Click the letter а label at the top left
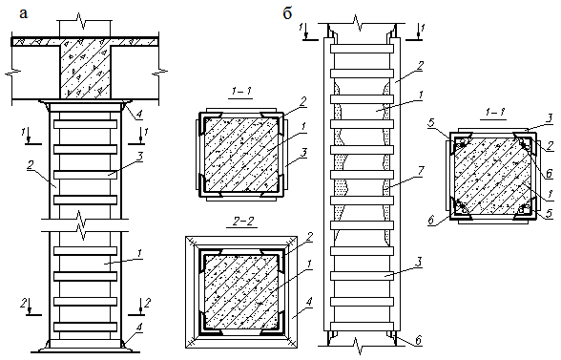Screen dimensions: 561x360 23,14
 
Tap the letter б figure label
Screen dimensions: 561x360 287,13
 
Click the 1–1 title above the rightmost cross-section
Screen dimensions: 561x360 495,113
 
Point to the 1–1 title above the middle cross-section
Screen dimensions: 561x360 241,92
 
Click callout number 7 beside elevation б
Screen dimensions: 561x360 420,171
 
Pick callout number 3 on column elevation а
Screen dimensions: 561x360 139,157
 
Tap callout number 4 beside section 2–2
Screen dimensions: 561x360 308,302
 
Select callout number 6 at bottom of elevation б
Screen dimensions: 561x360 418,340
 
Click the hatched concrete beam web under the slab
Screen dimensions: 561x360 85,69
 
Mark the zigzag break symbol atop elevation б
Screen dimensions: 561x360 357,22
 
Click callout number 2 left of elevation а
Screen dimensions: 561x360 31,166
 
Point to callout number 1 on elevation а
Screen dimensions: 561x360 139,254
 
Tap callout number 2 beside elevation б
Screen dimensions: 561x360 420,66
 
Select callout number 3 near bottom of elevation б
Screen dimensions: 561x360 419,263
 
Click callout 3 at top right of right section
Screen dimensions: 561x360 550,117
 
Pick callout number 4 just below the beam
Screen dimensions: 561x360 139,115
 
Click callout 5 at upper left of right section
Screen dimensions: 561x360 431,123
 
